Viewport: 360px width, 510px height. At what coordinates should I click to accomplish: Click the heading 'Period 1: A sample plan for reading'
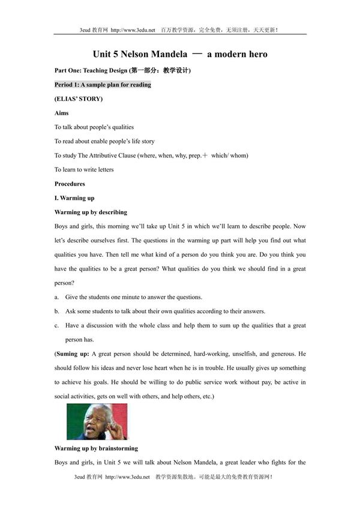point(103,85)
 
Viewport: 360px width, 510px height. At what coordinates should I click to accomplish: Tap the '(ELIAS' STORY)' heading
point(79,98)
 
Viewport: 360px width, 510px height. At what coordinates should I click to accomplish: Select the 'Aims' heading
point(61,113)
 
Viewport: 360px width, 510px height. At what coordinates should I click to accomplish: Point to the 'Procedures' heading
point(70,184)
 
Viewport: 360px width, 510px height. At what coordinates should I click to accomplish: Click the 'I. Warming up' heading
point(74,198)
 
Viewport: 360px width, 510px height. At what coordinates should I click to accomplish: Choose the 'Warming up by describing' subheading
point(91,212)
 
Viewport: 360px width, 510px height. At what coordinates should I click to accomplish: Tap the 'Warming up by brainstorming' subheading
point(96,448)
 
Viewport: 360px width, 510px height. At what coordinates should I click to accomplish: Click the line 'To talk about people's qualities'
point(94,127)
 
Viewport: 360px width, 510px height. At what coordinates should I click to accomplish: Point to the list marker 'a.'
point(56,298)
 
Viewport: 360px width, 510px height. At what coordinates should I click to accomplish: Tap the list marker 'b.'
point(56,311)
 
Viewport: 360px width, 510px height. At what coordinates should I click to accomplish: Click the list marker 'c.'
point(56,326)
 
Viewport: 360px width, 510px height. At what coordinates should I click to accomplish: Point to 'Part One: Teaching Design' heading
point(92,70)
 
